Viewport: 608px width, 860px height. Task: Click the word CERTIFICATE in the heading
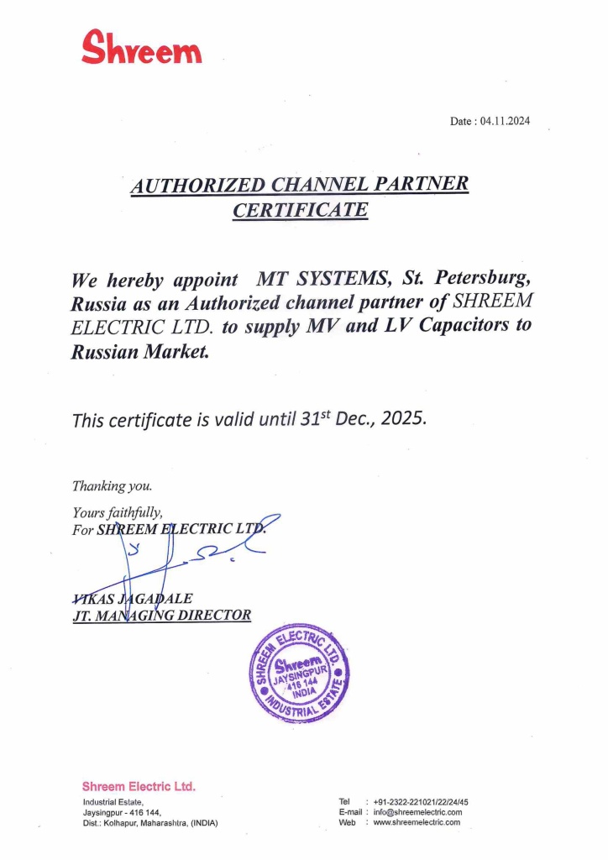pos(300,210)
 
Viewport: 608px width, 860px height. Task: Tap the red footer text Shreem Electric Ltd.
pos(139,787)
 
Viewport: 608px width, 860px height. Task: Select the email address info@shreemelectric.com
pos(417,812)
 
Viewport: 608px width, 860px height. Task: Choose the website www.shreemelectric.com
pos(416,822)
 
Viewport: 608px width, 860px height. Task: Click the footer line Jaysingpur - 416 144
pos(121,812)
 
